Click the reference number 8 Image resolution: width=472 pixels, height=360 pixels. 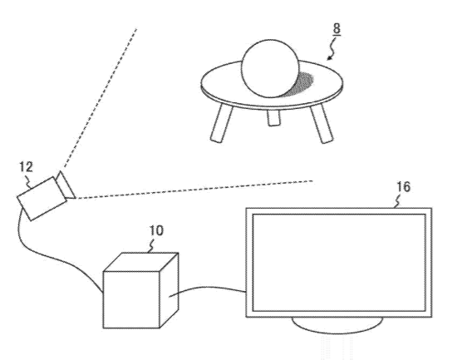(x=337, y=28)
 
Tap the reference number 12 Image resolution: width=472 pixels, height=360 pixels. (x=26, y=167)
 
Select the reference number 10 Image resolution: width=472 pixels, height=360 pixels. (x=156, y=230)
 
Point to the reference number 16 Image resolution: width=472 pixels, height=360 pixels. (x=403, y=187)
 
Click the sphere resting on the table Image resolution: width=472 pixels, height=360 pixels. (x=270, y=68)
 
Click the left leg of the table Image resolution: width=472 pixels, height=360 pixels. (x=222, y=123)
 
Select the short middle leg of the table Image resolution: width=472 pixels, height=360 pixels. (x=273, y=117)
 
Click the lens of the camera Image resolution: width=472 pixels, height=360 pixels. (x=66, y=185)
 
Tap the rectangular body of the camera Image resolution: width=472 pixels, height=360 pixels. (x=42, y=199)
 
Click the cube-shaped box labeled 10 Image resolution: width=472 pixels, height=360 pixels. (x=140, y=290)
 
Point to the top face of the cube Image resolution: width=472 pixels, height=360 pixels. (x=141, y=262)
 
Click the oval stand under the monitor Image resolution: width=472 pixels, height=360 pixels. (x=337, y=325)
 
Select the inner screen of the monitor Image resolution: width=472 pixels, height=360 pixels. (x=339, y=263)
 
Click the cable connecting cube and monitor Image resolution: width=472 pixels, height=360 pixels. (x=207, y=290)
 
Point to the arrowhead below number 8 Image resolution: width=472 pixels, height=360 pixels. (x=330, y=57)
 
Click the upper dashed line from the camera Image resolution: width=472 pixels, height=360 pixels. (x=101, y=98)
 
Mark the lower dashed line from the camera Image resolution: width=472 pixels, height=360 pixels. (x=195, y=190)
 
